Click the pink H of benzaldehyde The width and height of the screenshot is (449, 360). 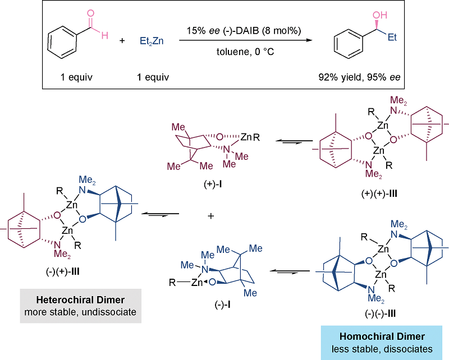(x=104, y=35)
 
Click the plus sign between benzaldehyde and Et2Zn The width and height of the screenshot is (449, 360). (x=122, y=40)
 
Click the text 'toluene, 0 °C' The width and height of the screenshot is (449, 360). (x=245, y=54)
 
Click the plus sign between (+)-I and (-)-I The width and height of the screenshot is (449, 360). (x=211, y=215)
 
